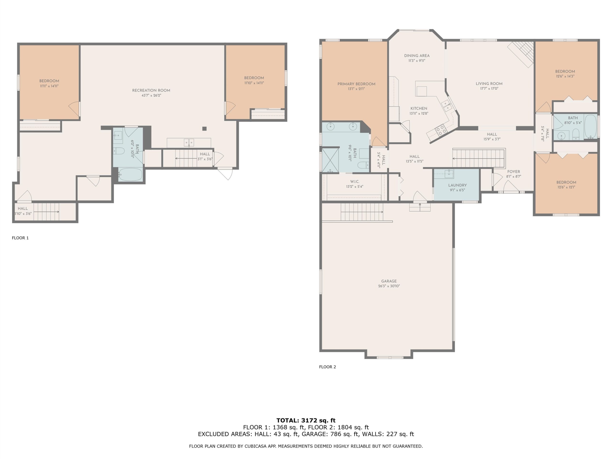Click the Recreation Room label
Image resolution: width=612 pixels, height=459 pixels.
[x=151, y=90]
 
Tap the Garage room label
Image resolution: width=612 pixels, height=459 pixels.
[x=389, y=281]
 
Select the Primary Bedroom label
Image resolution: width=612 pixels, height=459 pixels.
[x=356, y=84]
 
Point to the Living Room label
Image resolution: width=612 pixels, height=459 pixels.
[x=489, y=84]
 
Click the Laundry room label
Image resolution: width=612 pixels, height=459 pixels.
[x=457, y=185]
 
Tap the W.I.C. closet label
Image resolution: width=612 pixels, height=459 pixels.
[x=355, y=182]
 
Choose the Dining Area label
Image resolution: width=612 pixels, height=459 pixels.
[x=417, y=56]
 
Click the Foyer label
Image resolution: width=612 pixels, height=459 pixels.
[x=514, y=172]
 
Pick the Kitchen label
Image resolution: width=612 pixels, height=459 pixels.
[x=419, y=109]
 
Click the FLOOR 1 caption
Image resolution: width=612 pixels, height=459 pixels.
[x=20, y=238]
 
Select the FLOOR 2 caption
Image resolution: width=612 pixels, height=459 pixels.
[x=327, y=367]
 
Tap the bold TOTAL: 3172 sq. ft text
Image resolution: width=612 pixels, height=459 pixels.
[x=306, y=421]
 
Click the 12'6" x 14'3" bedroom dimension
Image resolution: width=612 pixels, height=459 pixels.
[x=565, y=76]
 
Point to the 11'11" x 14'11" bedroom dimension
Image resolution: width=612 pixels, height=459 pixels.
[x=49, y=86]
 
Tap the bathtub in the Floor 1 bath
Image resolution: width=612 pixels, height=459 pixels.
[x=130, y=175]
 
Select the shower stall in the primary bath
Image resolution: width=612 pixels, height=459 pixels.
[x=330, y=160]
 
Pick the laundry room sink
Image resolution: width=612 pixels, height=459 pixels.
[x=449, y=174]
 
